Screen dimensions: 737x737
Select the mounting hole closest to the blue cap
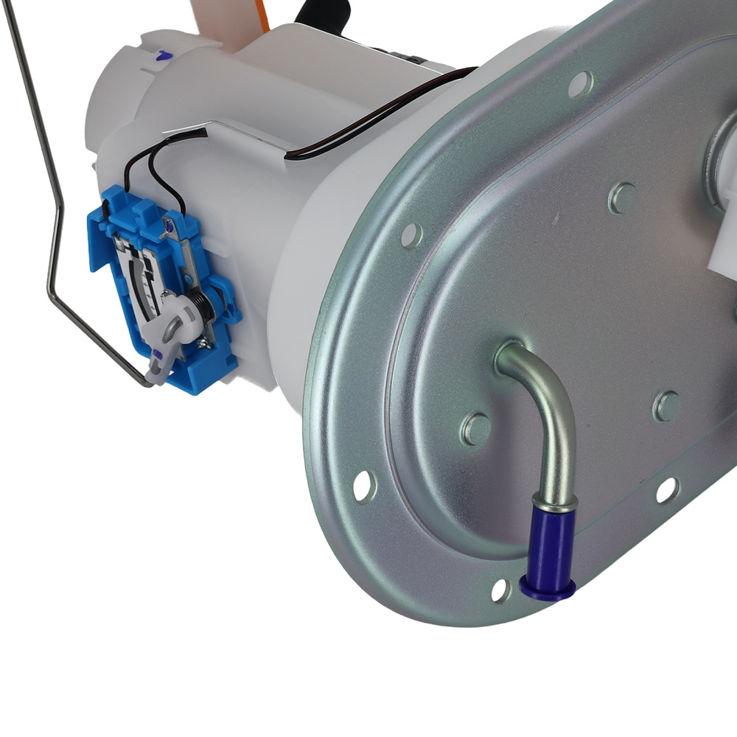(x=500, y=589)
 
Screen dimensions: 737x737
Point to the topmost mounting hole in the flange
(x=580, y=83)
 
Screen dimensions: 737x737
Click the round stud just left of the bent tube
(x=476, y=428)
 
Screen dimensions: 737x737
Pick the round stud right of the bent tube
(x=667, y=405)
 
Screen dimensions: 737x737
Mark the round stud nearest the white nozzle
(x=623, y=197)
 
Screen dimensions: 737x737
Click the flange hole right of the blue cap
(x=666, y=489)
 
